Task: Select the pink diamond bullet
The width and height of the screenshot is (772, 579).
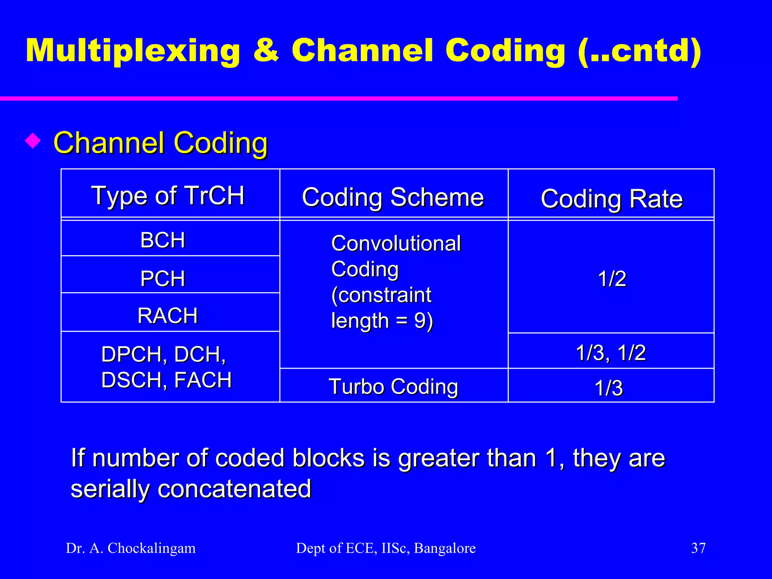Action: point(33,141)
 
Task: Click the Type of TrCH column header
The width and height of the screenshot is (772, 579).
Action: point(168,195)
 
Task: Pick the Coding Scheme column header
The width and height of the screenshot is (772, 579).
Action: point(393,197)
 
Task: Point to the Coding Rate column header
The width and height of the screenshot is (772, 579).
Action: point(611,199)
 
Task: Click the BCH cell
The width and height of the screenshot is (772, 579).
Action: point(162,240)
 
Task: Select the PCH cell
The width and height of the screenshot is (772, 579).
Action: point(162,279)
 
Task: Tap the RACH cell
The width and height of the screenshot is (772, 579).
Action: point(167,316)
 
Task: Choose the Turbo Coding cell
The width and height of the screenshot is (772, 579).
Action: point(393,386)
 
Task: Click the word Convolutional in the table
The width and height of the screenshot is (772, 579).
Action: point(396,243)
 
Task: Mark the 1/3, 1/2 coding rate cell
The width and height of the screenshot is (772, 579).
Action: point(611,352)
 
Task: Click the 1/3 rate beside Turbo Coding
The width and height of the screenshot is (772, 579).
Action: point(608,388)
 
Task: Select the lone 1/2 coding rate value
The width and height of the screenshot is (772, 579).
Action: point(612,279)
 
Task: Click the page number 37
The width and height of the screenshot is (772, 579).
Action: point(698,548)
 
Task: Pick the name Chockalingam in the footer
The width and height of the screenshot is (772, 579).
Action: point(152,548)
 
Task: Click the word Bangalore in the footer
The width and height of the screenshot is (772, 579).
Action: point(445,548)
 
